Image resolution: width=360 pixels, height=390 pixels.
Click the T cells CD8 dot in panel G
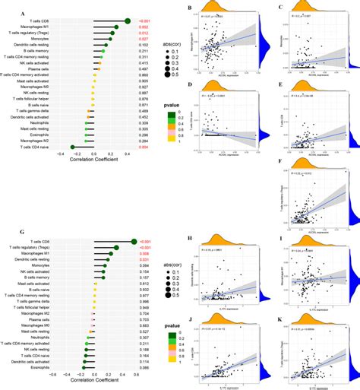point(134,221)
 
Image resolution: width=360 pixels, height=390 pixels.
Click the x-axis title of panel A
point(92,182)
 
